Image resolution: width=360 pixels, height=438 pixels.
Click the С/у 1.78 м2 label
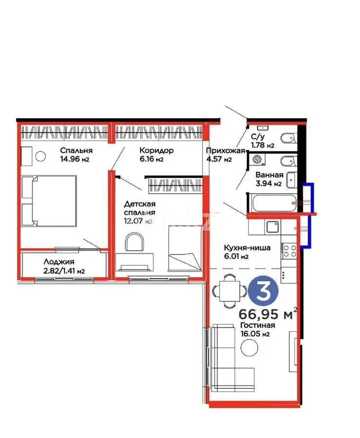pyautogui.click(x=262, y=141)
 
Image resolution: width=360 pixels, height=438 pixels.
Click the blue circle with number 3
pyautogui.click(x=264, y=292)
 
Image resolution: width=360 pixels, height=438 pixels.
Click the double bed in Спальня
pyautogui.click(x=49, y=201)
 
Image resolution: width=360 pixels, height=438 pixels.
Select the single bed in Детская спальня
pyautogui.click(x=184, y=248)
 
